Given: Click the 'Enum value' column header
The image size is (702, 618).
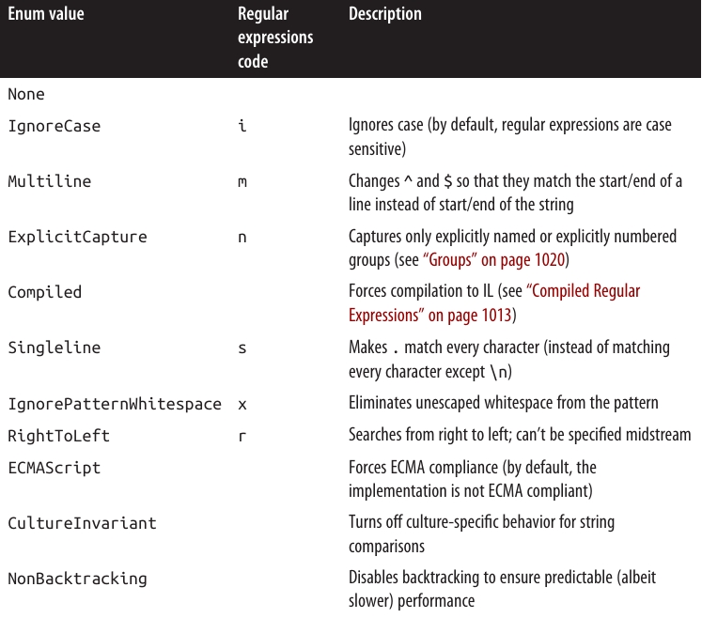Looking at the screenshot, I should click(46, 15).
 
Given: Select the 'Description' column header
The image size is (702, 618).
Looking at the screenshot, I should click(384, 15).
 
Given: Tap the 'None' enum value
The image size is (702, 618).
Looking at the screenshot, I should click(26, 94).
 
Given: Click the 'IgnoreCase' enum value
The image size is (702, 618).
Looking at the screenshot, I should click(54, 125).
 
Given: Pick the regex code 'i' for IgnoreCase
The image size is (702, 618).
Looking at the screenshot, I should click(242, 125).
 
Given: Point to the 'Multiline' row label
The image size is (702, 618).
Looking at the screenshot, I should click(50, 180).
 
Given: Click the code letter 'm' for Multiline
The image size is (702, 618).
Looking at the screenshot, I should click(242, 181).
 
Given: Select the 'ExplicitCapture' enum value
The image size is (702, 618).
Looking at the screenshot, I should click(77, 237).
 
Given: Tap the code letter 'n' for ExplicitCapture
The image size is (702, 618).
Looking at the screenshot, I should click(242, 237).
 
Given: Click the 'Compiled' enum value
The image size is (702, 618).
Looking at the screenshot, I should click(44, 292).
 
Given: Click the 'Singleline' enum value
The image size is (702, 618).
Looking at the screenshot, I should click(54, 348).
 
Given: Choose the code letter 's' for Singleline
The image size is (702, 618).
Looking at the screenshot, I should click(242, 348).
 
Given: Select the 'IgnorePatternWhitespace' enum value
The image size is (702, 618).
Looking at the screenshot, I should click(115, 404).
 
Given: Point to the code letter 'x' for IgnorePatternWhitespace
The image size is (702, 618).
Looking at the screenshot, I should click(242, 404).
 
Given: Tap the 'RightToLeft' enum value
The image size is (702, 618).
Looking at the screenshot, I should click(58, 436).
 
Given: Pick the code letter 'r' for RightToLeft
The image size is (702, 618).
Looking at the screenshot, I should click(242, 436).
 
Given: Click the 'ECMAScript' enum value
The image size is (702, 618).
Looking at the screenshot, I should click(54, 467).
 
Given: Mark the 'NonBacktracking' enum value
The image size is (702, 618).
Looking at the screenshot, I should click(77, 579).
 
